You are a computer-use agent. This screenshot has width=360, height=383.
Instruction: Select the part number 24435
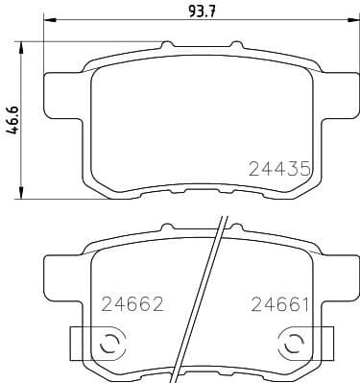tap(279, 168)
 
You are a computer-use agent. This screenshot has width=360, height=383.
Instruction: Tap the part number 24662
tap(132, 304)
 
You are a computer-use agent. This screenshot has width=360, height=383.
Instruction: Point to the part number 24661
tap(279, 304)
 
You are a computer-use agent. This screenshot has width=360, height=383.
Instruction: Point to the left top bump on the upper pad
tap(169, 45)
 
